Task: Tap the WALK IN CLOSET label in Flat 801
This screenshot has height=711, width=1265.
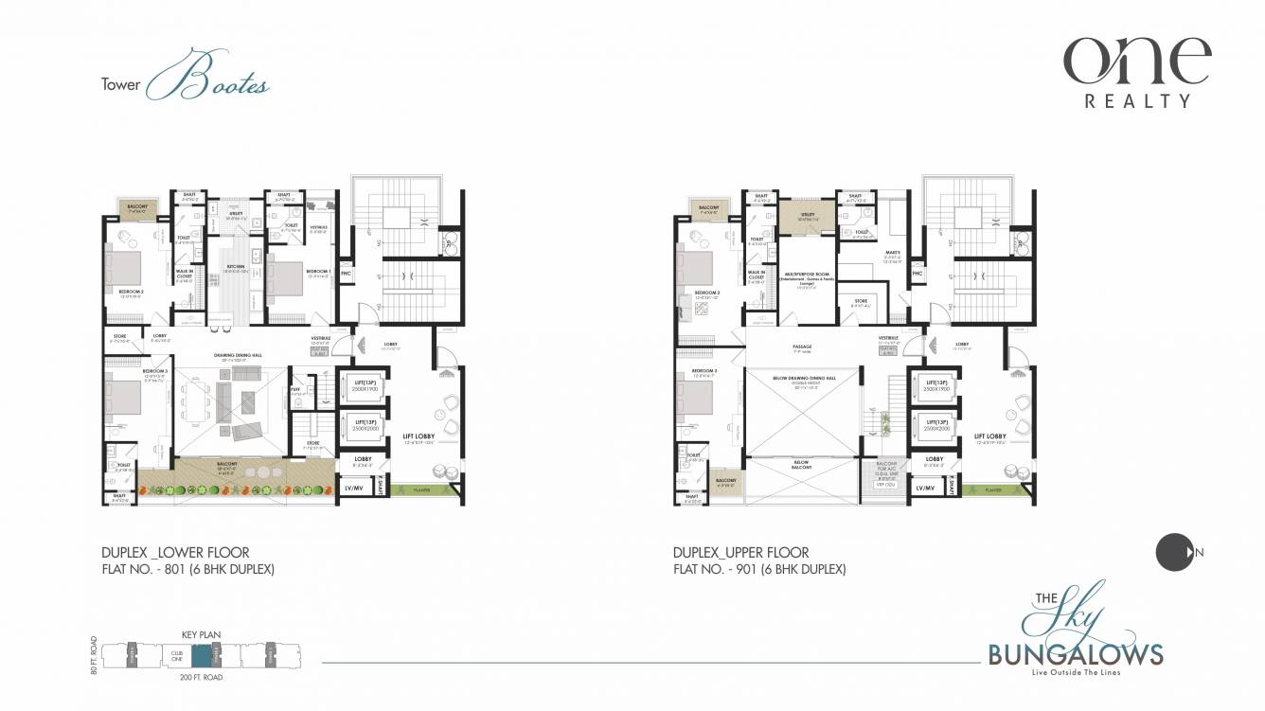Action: point(186,276)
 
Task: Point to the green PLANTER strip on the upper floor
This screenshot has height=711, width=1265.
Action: point(992,489)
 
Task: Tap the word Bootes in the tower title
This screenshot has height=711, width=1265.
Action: point(221,83)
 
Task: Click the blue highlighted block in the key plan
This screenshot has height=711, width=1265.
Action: point(202,655)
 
